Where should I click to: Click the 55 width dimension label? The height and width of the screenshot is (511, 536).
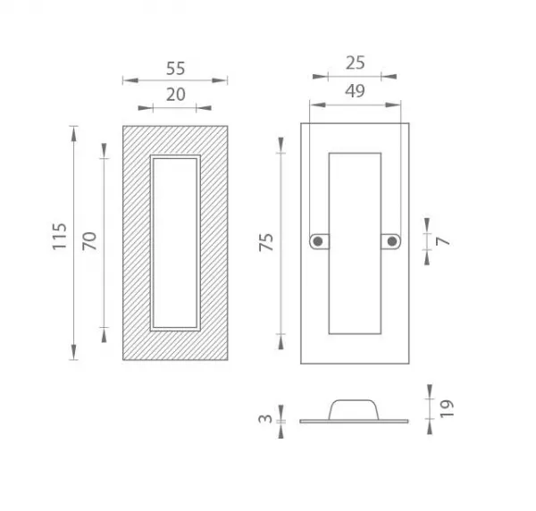pyautogui.click(x=175, y=69)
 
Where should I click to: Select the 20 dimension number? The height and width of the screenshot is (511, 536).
pyautogui.click(x=176, y=95)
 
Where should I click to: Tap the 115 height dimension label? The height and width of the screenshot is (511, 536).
pyautogui.click(x=60, y=236)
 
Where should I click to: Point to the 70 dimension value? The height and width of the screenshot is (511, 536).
pyautogui.click(x=89, y=241)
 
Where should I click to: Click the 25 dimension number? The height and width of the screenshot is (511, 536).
pyautogui.click(x=356, y=63)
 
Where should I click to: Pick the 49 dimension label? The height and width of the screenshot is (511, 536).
pyautogui.click(x=355, y=91)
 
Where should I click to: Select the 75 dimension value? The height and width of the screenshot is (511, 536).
pyautogui.click(x=266, y=242)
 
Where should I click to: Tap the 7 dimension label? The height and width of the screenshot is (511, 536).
pyautogui.click(x=443, y=241)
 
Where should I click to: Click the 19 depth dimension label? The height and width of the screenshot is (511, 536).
pyautogui.click(x=447, y=408)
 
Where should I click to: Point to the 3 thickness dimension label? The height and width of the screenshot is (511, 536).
pyautogui.click(x=265, y=419)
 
